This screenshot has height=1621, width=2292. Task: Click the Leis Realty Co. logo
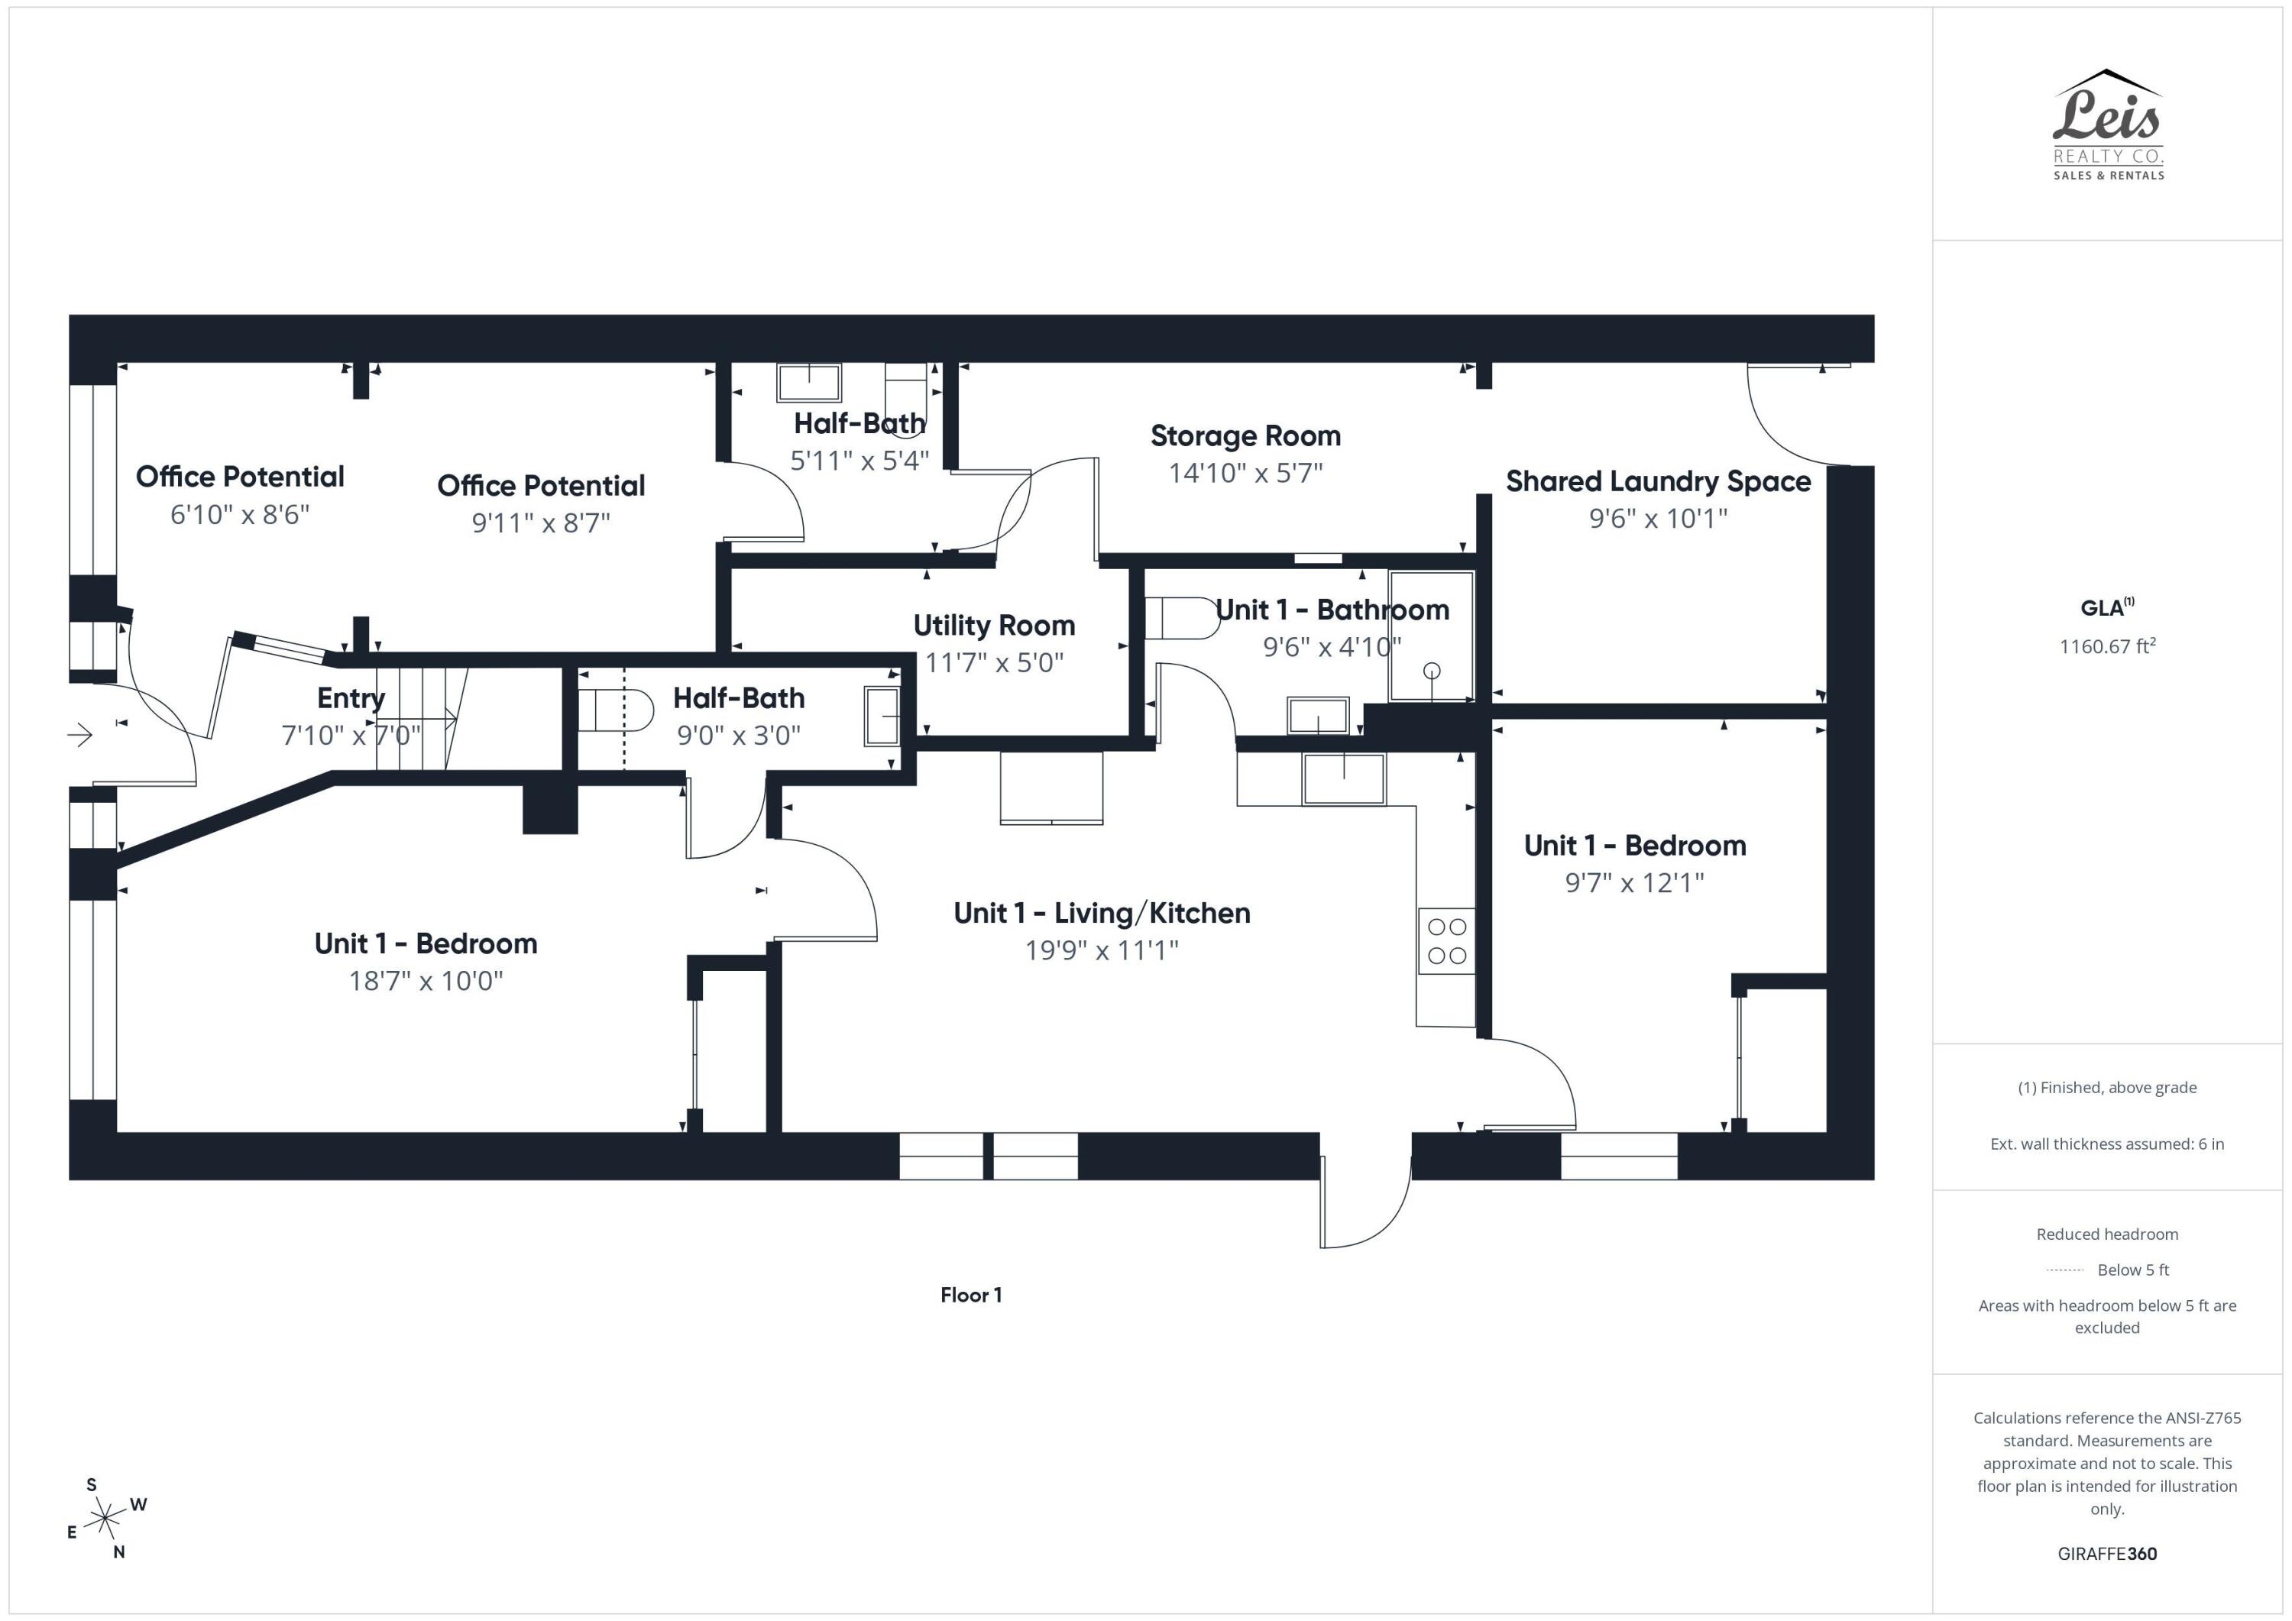[x=2107, y=125]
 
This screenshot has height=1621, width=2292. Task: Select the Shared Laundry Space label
[x=1658, y=481]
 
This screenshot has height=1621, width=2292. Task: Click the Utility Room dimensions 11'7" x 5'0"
[x=994, y=662]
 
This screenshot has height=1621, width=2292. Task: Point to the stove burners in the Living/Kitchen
[x=1446, y=940]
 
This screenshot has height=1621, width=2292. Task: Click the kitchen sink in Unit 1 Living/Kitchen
[x=1344, y=778]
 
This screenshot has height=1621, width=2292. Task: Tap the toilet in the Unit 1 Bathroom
[x=1182, y=618]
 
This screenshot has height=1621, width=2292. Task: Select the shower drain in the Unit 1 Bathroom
[x=1432, y=671]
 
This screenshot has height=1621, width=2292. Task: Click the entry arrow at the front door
[x=80, y=736]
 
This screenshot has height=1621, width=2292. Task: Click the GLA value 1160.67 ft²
[x=2107, y=645]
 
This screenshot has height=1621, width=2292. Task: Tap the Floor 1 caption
[x=970, y=1295]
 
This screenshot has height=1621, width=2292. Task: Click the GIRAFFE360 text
[x=2107, y=1553]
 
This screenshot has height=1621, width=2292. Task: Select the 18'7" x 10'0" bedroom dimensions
[x=426, y=980]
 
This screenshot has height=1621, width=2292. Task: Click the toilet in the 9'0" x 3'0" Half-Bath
[x=616, y=710]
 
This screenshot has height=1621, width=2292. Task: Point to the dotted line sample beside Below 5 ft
[x=2064, y=1270]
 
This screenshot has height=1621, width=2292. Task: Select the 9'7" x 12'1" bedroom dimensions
[x=1634, y=882]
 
